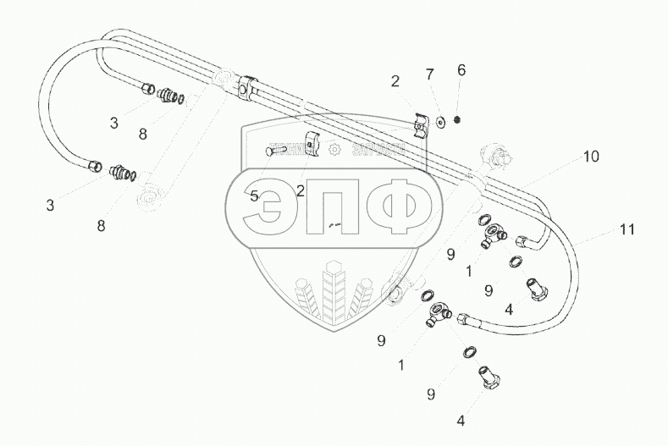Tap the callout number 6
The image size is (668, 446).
coord(461,70)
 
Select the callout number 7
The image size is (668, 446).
coord(429,74)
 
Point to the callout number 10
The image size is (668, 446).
coord(590,157)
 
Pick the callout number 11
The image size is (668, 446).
coord(627,229)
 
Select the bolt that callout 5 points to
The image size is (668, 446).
coord(277,151)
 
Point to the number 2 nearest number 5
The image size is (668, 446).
coord(301,191)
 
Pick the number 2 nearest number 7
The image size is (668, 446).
coord(395,82)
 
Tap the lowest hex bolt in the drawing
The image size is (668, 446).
coord(492,376)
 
